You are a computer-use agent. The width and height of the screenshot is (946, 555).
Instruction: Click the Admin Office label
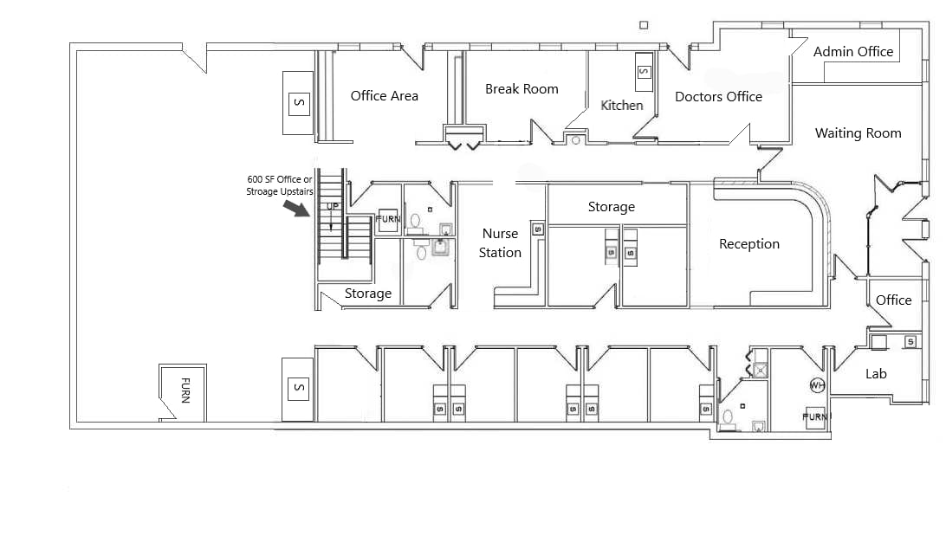pos(853,52)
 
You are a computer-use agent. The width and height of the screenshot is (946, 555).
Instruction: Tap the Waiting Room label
pos(858,133)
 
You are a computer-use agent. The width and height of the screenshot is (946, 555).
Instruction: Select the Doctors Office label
pos(718,97)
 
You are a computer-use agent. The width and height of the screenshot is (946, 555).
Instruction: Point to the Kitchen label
pos(622,105)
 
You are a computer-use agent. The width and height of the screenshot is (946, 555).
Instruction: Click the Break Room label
pos(522,89)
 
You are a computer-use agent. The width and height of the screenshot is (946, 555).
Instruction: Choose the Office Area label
pos(384,96)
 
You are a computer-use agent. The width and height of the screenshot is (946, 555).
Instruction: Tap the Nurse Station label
pos(501,243)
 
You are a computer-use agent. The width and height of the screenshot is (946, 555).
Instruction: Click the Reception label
pos(749,244)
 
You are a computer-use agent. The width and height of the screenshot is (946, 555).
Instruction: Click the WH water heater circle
pos(816,384)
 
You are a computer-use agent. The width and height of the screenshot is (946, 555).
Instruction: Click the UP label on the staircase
pos(332,207)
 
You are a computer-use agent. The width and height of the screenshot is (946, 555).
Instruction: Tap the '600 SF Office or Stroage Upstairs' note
pos(280,185)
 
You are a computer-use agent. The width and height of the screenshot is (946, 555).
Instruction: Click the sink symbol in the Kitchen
pos(644,72)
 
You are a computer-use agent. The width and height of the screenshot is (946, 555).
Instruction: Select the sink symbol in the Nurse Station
pos(537,229)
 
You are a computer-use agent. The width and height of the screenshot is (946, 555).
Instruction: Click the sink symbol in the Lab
pos(910,342)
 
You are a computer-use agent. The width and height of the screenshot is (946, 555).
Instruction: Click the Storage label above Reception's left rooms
pos(611,207)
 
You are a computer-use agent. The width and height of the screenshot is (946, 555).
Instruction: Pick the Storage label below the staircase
pos(368,294)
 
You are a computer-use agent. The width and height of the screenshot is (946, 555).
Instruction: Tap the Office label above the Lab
pos(893,300)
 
